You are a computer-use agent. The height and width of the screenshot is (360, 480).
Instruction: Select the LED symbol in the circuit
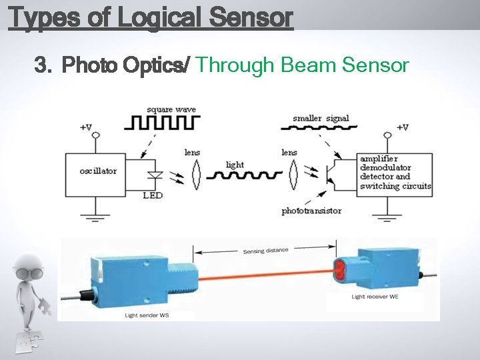pos(155,177)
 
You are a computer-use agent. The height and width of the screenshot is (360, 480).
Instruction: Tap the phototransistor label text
pos(311,211)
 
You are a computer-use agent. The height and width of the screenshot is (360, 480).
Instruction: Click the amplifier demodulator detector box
pos(395,173)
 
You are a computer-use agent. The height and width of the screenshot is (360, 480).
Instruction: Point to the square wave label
pos(171,109)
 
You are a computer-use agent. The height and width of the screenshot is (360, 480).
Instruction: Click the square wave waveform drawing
pos(163,123)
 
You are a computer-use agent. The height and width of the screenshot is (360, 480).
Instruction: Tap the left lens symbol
pos(195,176)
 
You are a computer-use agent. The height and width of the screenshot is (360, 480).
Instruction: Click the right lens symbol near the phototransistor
pos(292,176)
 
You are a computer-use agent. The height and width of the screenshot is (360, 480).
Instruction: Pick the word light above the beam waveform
pos(235,165)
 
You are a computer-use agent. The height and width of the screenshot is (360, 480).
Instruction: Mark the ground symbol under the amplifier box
pos(386,216)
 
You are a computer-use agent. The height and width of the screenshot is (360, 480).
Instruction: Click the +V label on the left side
pos(87,127)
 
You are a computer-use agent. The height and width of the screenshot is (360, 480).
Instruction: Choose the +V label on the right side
pos(402,127)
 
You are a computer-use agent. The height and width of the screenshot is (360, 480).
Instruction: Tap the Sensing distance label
pos(265,251)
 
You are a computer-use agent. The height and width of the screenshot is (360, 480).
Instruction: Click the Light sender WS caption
pos(147,315)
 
